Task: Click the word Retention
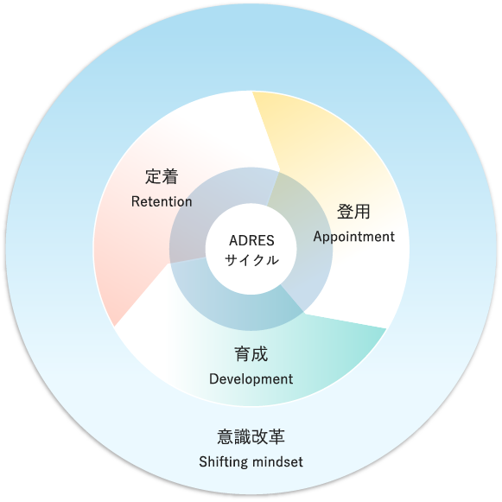pos(162,201)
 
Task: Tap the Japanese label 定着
pos(162,176)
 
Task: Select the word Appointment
pos(353,238)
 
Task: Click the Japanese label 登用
pos(353,212)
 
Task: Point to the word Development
pos(251,379)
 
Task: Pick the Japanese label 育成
pos(251,354)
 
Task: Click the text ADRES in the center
pos(251,240)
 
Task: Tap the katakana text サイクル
pos(251,260)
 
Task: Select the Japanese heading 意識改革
pos(251,436)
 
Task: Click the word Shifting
pos(224,462)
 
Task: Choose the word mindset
pos(277,462)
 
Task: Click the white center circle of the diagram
pos(251,249)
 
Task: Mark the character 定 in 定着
pos(153,176)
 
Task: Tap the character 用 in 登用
pos(362,212)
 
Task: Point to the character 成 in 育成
pos(260,354)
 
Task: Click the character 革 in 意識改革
pos(276,436)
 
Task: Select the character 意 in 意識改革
pos(226,436)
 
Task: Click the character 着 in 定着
pos(170,176)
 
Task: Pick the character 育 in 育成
pos(243,354)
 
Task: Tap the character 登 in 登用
pos(345,212)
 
